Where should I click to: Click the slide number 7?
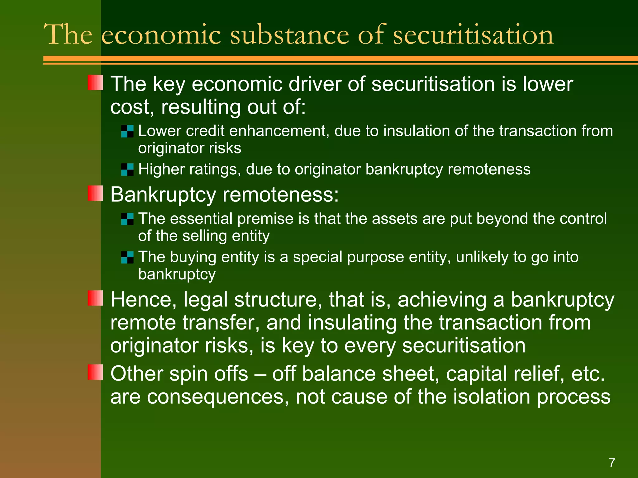(x=612, y=463)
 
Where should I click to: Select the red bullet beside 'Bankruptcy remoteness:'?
(x=95, y=193)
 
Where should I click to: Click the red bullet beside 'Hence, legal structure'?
(x=95, y=298)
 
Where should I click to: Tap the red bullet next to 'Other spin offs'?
(x=95, y=372)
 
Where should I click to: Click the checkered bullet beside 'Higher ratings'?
(x=127, y=170)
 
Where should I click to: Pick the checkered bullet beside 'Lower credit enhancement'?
(x=127, y=131)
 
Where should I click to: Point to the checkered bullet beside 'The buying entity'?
(x=127, y=257)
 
